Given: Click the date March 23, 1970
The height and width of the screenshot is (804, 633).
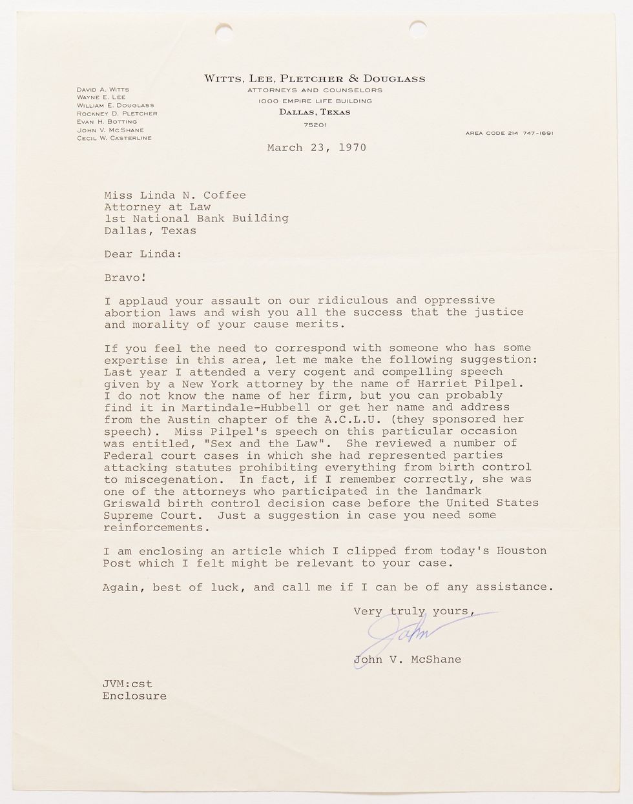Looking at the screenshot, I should coord(316,148).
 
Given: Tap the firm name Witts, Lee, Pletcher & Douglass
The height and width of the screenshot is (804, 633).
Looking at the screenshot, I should coord(315,79).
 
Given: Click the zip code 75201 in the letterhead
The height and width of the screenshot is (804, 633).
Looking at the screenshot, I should coord(315,124).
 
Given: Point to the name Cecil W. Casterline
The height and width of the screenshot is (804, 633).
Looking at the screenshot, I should coord(114,138).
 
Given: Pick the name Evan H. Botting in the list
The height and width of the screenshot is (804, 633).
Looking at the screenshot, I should coord(107,121).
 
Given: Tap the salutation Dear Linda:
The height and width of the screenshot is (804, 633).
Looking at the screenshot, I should coord(143,254).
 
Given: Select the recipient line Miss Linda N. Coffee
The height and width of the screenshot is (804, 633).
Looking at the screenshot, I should coord(175,195).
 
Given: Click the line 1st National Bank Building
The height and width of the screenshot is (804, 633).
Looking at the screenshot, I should coord(196,218).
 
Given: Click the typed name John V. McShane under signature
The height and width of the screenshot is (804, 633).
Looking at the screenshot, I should coord(407,659).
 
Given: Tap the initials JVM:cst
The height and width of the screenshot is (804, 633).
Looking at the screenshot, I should coord(127,683).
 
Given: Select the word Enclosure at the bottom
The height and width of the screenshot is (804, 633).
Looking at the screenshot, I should coord(134,696).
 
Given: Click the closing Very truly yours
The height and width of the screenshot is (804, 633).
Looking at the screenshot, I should coord(414,611).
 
